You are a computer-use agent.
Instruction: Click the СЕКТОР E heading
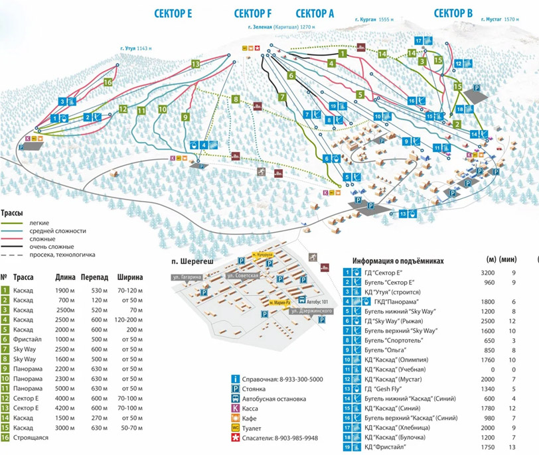173,13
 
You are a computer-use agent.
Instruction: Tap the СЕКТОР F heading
253,13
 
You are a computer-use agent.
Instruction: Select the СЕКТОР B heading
453,13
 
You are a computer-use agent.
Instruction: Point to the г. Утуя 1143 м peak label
141,48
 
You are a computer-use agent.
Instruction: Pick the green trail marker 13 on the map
195,64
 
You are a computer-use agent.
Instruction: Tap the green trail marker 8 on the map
235,99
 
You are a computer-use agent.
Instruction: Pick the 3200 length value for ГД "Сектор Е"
487,273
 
